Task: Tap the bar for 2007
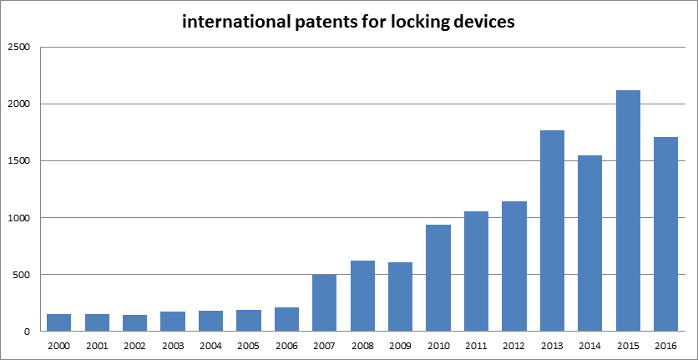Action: pyautogui.click(x=325, y=302)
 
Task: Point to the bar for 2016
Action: pyautogui.click(x=665, y=234)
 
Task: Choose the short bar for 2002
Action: pyautogui.click(x=135, y=322)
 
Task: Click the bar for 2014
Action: pyautogui.click(x=589, y=243)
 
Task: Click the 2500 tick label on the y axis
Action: pyautogui.click(x=18, y=48)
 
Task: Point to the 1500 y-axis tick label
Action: pyautogui.click(x=18, y=161)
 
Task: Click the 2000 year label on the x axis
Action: pyautogui.click(x=59, y=344)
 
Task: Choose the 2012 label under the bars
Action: pyautogui.click(x=514, y=344)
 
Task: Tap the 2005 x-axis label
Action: pyautogui.click(x=249, y=344)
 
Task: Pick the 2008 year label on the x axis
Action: pyautogui.click(x=362, y=344)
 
